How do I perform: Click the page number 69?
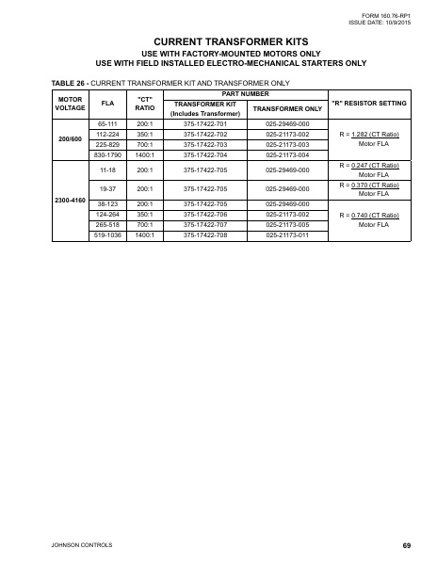406,544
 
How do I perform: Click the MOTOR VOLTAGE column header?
70,103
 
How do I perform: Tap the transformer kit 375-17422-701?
204,124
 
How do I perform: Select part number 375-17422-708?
204,234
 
